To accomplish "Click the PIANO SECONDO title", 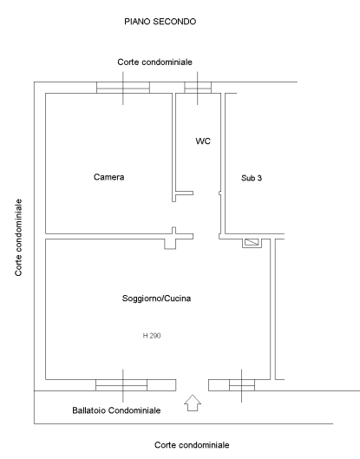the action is click(x=160, y=22).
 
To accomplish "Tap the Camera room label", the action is click(x=109, y=177).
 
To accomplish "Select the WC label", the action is click(x=203, y=141).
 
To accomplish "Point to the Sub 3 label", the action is click(x=252, y=178).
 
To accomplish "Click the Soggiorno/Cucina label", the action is click(x=156, y=298).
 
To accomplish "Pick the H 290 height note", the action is click(x=152, y=336).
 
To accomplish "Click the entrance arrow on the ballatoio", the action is click(x=193, y=403).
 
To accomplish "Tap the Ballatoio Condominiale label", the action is click(x=116, y=410).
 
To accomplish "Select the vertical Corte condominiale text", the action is click(x=18, y=238).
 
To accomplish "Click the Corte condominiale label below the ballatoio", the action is click(x=192, y=445).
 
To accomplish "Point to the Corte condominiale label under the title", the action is click(x=154, y=62).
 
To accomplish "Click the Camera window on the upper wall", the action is click(x=123, y=88).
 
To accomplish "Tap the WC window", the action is click(x=198, y=88).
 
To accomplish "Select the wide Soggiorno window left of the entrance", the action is click(x=121, y=385).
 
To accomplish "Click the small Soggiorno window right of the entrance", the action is click(x=242, y=385).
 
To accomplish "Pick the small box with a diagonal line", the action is click(x=252, y=243).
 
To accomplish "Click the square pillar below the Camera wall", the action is click(x=170, y=244).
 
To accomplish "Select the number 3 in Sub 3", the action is click(x=259, y=178).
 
